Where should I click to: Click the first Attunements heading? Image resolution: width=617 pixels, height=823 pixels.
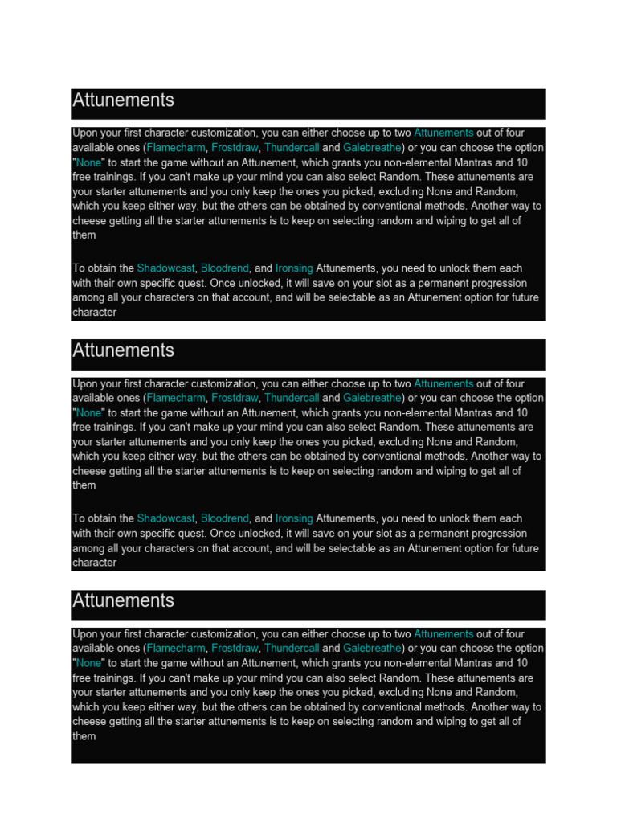click(123, 100)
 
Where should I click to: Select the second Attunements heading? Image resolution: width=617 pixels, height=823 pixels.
click(123, 350)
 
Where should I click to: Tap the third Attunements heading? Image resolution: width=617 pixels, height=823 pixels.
click(123, 600)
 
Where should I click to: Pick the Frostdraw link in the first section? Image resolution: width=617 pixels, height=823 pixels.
click(235, 148)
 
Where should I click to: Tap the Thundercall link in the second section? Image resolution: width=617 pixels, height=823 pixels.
click(291, 398)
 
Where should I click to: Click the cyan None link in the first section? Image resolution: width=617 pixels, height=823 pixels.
click(88, 162)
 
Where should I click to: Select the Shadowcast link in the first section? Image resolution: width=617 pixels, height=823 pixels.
click(165, 268)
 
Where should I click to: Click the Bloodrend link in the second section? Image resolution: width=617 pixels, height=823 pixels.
click(224, 518)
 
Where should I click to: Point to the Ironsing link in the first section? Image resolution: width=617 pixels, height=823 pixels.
click(294, 268)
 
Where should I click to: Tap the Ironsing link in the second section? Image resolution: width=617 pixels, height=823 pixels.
click(294, 518)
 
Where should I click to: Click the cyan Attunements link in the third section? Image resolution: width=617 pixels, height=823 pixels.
click(443, 633)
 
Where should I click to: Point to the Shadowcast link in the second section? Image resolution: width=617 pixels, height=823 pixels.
click(165, 518)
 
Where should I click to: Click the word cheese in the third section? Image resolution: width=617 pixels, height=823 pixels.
click(89, 722)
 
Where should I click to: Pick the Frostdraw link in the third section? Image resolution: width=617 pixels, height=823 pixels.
click(235, 648)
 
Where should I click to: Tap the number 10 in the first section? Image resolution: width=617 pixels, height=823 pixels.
click(521, 162)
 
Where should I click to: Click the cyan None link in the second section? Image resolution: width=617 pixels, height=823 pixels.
click(88, 412)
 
